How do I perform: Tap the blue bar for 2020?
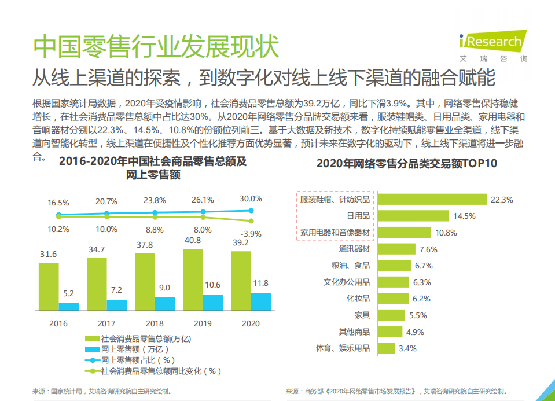260,301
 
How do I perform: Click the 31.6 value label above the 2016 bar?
48,254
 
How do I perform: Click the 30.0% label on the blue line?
251,198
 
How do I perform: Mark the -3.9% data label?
251,234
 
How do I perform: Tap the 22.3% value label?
502,200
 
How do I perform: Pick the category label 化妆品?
358,299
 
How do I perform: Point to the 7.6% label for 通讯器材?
428,249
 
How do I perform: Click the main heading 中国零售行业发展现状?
156,46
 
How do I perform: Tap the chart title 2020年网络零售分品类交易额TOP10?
406,164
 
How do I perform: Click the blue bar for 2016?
68,307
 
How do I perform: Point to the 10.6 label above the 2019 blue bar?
212,285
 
